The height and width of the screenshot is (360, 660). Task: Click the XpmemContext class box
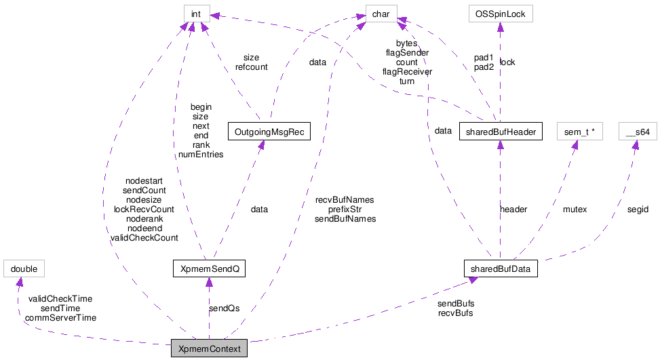pos(209,348)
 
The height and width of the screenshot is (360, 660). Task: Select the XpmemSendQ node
pos(209,269)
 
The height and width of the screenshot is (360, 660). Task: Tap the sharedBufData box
pos(500,269)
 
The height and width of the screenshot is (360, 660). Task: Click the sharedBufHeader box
pos(500,132)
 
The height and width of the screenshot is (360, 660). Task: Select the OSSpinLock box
pos(500,12)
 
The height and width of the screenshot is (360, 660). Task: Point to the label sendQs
pos(224,308)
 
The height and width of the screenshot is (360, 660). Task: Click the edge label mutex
pos(575,209)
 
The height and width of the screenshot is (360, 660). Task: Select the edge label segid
pos(638,209)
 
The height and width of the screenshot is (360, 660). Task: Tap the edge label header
pos(513,209)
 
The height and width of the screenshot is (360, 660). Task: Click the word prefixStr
pos(345,209)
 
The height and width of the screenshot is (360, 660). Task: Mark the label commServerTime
pos(60,317)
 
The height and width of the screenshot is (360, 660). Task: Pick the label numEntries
pos(201,154)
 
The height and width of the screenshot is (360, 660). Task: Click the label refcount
pos(251,67)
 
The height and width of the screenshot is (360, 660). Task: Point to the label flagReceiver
pos(407,71)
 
